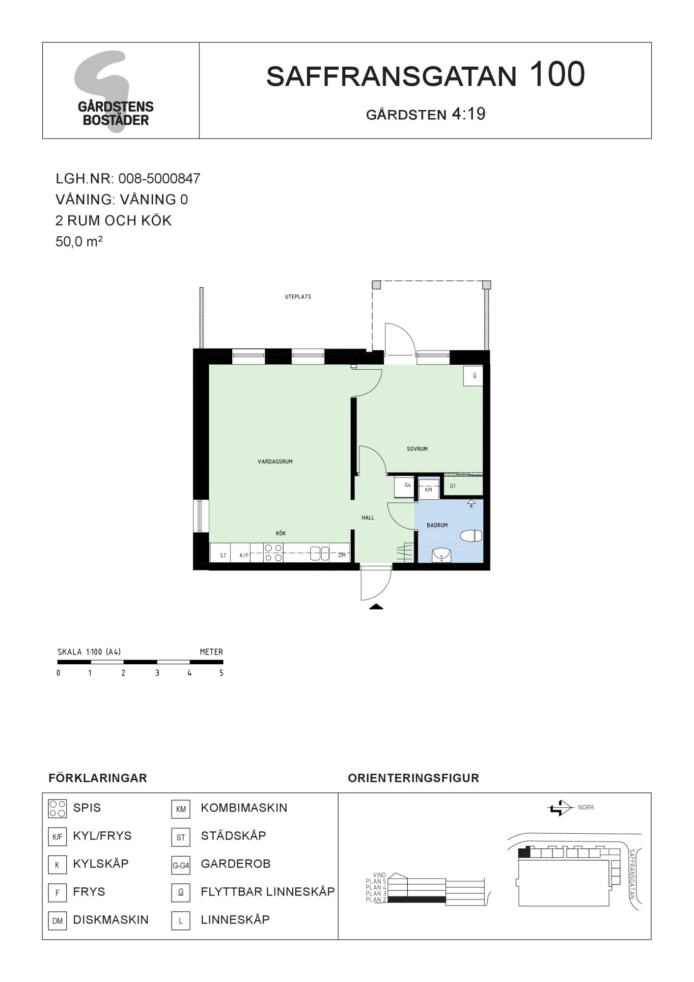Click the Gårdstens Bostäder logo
115,91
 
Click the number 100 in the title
557,75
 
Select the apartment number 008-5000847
159,178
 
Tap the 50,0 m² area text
79,241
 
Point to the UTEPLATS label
298,297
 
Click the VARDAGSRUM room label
275,462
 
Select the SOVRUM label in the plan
417,449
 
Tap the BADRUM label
437,525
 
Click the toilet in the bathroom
471,536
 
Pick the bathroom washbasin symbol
442,555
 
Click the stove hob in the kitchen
274,552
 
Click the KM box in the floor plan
428,490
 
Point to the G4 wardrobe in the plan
406,487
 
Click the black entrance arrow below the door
376,606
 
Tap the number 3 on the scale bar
157,673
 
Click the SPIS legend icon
57,809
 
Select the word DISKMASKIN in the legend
111,920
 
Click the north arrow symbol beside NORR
560,808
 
